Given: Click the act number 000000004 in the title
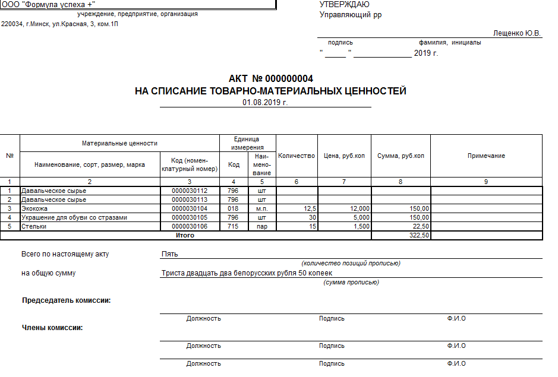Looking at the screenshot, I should [289, 79].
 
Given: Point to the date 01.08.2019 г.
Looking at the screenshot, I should [265, 102].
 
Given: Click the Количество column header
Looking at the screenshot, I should [297, 156].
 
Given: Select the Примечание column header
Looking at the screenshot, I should [486, 156].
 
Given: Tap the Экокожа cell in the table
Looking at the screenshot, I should [34, 209].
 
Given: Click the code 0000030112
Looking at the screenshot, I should [189, 191].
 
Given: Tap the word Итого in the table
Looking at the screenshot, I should [185, 236].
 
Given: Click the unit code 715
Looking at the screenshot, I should [233, 227].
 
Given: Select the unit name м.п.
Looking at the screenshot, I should [261, 209].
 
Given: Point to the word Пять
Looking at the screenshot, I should [170, 254].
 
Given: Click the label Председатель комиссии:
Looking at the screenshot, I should [67, 300].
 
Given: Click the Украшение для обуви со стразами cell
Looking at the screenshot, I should [74, 218].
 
